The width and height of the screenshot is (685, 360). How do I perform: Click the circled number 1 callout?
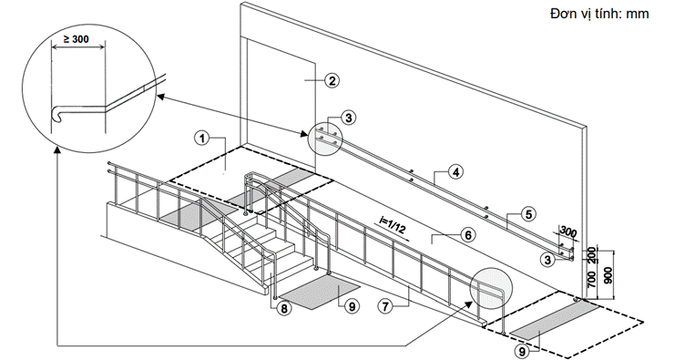201,139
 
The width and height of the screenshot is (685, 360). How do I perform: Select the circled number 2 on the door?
332,80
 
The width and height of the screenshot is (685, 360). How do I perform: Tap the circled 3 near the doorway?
349,118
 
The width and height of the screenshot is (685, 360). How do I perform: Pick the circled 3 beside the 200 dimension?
547,260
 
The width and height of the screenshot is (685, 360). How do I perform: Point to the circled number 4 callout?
455,172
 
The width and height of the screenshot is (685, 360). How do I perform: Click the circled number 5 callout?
528,214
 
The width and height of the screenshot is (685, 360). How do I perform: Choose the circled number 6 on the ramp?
467,236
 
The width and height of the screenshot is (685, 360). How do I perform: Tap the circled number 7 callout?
385,306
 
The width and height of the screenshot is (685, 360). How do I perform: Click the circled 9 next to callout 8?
352,306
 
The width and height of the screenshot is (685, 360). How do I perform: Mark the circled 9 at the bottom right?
522,350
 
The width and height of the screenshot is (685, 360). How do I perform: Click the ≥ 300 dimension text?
76,39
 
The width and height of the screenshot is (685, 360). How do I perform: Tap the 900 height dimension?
608,275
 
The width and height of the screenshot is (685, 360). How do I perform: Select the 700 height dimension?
592,280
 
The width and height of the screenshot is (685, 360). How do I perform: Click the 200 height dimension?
592,254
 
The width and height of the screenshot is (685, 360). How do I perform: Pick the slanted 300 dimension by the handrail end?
567,232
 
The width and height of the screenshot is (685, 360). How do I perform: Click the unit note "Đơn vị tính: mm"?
599,14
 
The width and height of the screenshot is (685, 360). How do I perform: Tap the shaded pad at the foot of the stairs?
321,291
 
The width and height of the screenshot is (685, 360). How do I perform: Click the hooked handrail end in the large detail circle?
56,113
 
